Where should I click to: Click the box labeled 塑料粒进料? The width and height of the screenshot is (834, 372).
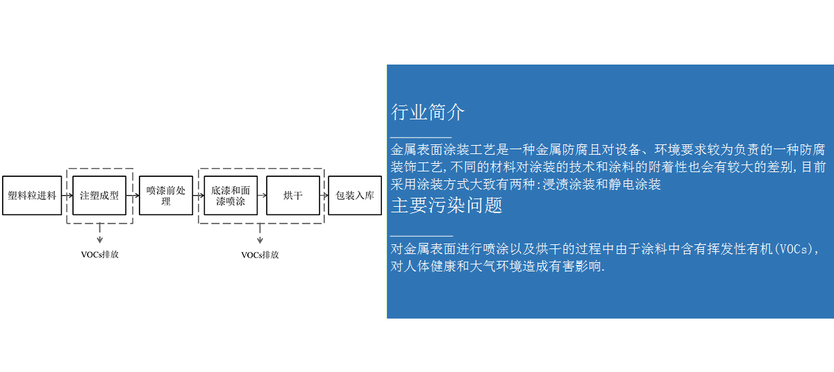click(x=32, y=195)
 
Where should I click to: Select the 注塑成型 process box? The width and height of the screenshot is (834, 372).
click(x=99, y=195)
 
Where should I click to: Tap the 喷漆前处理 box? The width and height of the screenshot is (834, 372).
click(x=166, y=195)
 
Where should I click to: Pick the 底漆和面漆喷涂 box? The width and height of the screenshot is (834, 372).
click(x=231, y=195)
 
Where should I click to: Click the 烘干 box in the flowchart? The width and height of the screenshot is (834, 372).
click(x=293, y=195)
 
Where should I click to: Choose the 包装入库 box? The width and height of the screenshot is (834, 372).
click(x=355, y=195)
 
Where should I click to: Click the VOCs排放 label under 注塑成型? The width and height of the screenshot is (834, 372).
click(x=100, y=255)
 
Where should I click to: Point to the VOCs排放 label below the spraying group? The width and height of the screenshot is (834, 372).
click(x=260, y=255)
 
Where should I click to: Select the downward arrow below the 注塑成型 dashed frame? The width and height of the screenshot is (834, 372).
click(x=100, y=233)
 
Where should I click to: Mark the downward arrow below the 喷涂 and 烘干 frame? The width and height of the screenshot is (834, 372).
click(x=260, y=233)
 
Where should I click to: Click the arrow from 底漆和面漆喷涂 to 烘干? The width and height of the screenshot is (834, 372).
click(x=262, y=195)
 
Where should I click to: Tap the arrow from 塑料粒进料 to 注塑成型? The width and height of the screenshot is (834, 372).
click(x=67, y=195)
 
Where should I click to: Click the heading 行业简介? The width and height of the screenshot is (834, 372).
click(x=428, y=112)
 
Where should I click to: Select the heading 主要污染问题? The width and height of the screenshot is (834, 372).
click(x=447, y=205)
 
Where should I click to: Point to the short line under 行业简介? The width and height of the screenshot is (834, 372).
click(x=421, y=137)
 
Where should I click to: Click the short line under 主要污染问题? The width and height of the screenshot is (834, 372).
click(x=422, y=236)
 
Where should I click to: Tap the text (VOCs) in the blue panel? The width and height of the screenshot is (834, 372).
click(x=794, y=249)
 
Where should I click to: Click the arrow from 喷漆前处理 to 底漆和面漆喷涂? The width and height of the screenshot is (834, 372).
click(x=199, y=195)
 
